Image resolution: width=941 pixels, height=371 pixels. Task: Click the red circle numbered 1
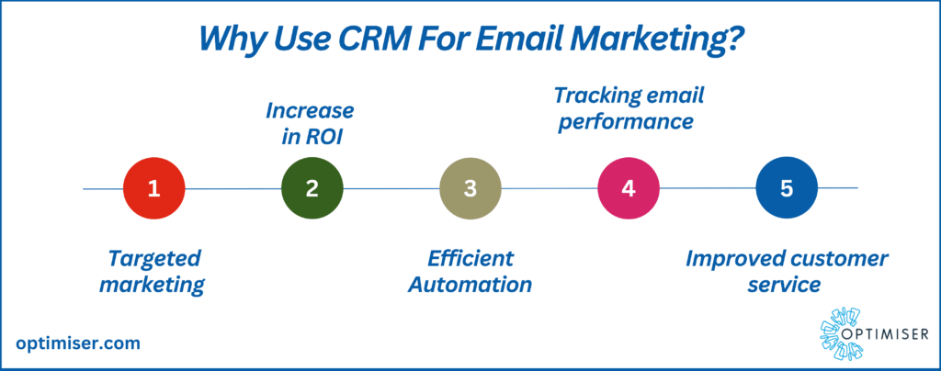click(x=154, y=189)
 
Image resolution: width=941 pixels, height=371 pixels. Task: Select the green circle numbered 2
click(x=312, y=189)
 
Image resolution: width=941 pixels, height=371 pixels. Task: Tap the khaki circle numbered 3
click(x=470, y=189)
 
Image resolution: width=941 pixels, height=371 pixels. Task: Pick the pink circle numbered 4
click(x=629, y=189)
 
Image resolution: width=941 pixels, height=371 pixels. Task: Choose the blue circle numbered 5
click(x=787, y=189)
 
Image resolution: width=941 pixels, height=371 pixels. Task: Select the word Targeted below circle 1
click(x=154, y=260)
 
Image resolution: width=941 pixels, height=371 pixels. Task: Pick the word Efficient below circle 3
click(x=470, y=259)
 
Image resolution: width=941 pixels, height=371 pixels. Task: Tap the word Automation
click(x=470, y=285)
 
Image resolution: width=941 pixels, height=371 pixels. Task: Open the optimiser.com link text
click(x=79, y=344)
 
